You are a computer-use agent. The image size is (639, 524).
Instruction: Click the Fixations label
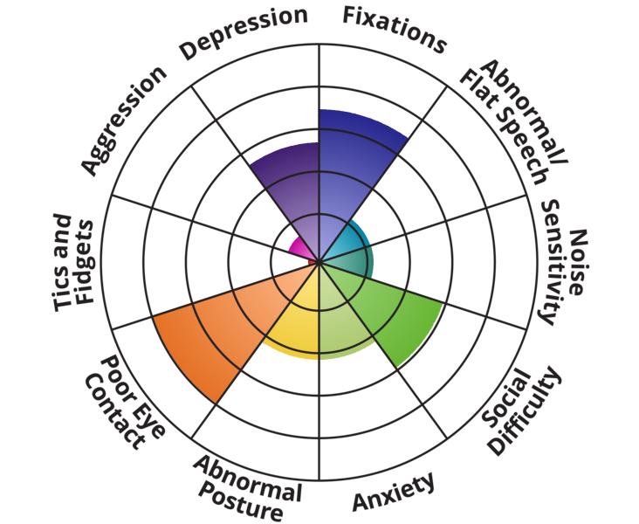click(x=395, y=28)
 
